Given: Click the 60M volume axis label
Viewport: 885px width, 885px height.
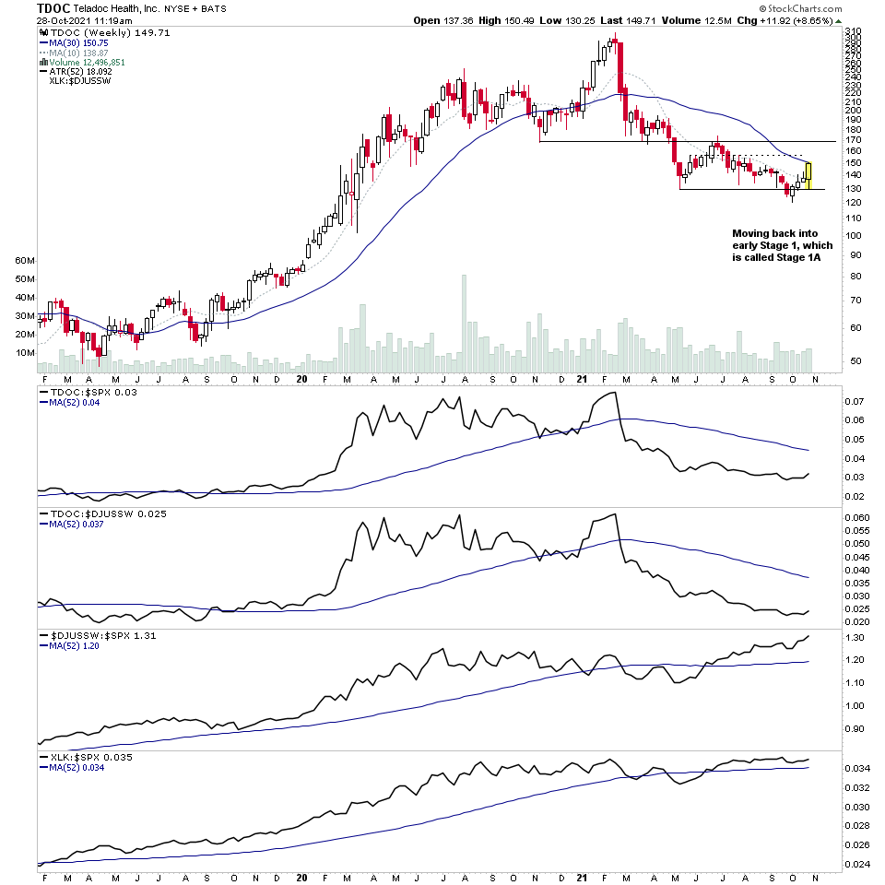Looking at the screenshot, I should [25, 261].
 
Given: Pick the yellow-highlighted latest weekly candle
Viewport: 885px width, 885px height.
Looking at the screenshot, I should [808, 175].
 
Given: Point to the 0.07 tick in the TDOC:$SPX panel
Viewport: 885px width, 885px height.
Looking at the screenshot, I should [855, 402].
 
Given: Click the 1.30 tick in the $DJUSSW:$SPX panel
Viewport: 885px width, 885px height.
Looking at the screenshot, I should [855, 638].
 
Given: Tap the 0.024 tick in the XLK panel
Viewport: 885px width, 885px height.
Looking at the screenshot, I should [856, 864].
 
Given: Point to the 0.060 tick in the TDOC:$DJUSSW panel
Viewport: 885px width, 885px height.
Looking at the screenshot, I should [856, 518].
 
